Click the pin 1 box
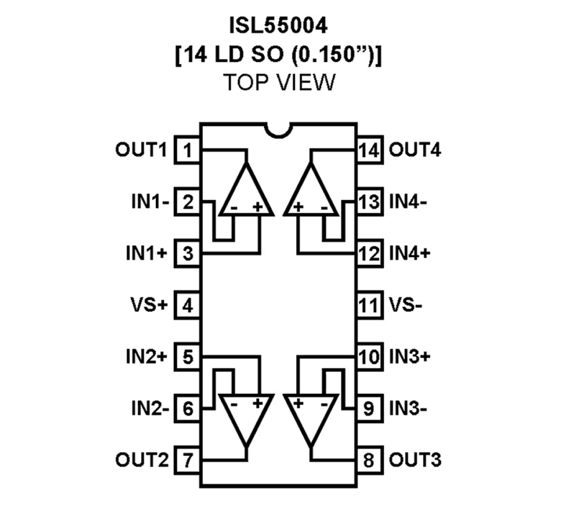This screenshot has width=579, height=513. coord(187,150)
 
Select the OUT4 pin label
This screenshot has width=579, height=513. coord(414,150)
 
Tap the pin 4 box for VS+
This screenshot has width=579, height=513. coord(187,305)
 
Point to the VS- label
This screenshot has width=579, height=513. coord(405,305)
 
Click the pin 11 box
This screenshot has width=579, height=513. coord(369,305)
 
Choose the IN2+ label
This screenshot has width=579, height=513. coord(146,357)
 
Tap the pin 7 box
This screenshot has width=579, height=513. coord(187,460)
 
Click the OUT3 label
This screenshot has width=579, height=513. coord(414,460)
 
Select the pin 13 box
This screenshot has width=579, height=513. coord(369,202)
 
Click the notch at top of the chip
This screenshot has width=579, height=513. coord(278,130)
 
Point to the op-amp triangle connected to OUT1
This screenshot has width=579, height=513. coord(246,194)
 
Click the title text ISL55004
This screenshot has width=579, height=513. coord(278,26)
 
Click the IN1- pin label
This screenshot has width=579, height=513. coord(150,202)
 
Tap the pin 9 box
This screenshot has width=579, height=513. coord(369,408)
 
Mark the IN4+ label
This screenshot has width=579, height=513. coord(409,254)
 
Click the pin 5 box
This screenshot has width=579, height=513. coord(187,357)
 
